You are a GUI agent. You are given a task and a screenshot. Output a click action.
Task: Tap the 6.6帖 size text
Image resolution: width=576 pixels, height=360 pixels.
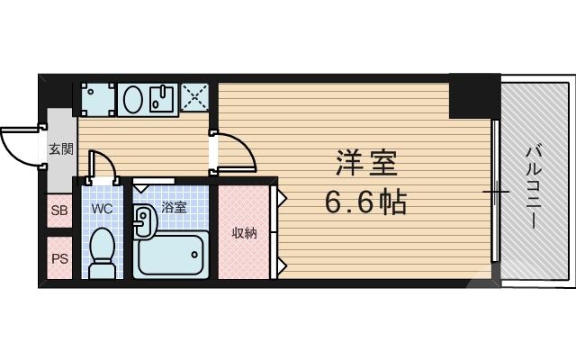click(x=367, y=202)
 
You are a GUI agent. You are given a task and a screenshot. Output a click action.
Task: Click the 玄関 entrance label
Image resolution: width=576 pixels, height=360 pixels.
click(x=60, y=149)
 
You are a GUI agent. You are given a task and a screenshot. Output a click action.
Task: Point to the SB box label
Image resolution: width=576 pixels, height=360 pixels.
click(x=58, y=211)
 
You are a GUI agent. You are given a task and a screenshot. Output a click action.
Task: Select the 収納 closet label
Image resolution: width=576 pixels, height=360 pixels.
click(x=244, y=234)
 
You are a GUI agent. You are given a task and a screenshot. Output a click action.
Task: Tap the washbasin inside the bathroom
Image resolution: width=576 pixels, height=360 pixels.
click(x=144, y=220)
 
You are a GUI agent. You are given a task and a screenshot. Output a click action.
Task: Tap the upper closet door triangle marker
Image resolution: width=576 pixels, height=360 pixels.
click(x=282, y=194)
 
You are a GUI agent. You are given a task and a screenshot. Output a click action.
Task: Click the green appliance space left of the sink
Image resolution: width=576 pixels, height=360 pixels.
click(x=96, y=98)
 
